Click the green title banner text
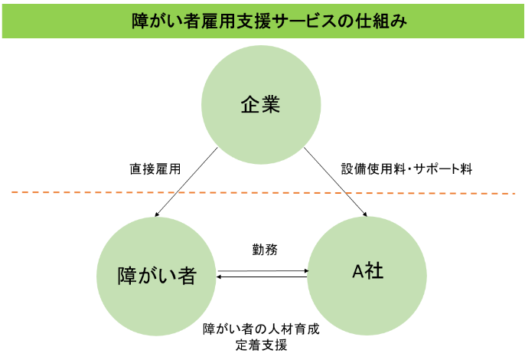[269, 21]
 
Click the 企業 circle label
[260, 105]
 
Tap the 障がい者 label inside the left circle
[156, 276]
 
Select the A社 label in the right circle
[367, 271]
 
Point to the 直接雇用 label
[155, 169]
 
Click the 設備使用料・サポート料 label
[407, 169]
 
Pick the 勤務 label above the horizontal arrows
[265, 250]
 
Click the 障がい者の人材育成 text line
[261, 329]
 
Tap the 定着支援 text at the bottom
[261, 345]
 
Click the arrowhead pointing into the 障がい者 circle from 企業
[157, 214]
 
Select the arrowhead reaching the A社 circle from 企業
[365, 214]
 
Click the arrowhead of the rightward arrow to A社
[306, 270]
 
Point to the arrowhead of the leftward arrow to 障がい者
[219, 277]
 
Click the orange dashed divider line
[263, 193]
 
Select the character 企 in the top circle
[250, 105]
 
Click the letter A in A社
[358, 271]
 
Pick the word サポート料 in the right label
[443, 169]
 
